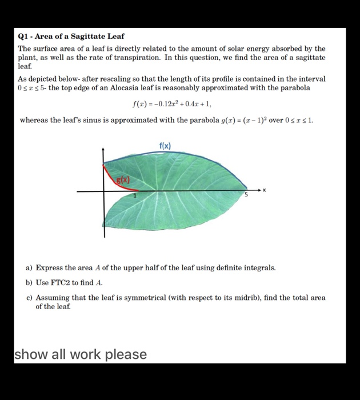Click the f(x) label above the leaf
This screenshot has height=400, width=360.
pyautogui.click(x=165, y=146)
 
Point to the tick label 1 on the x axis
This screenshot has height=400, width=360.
pyautogui.click(x=135, y=196)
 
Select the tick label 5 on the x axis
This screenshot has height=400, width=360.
pyautogui.click(x=247, y=195)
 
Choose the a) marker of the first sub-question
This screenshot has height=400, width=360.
pyautogui.click(x=29, y=267)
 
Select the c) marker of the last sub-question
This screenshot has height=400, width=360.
pyautogui.click(x=29, y=298)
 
